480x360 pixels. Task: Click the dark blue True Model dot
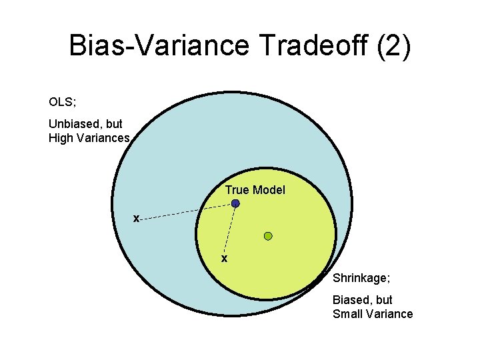235,204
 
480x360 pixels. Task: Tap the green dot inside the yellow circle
268,236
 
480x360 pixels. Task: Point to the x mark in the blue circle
136,218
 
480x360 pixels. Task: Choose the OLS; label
62,102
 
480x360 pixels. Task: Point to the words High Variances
89,138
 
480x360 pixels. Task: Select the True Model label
255,190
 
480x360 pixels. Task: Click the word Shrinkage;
361,277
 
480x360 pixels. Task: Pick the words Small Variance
373,314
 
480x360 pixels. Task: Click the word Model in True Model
269,190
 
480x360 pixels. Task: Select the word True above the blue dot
237,190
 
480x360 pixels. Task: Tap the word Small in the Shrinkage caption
348,314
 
